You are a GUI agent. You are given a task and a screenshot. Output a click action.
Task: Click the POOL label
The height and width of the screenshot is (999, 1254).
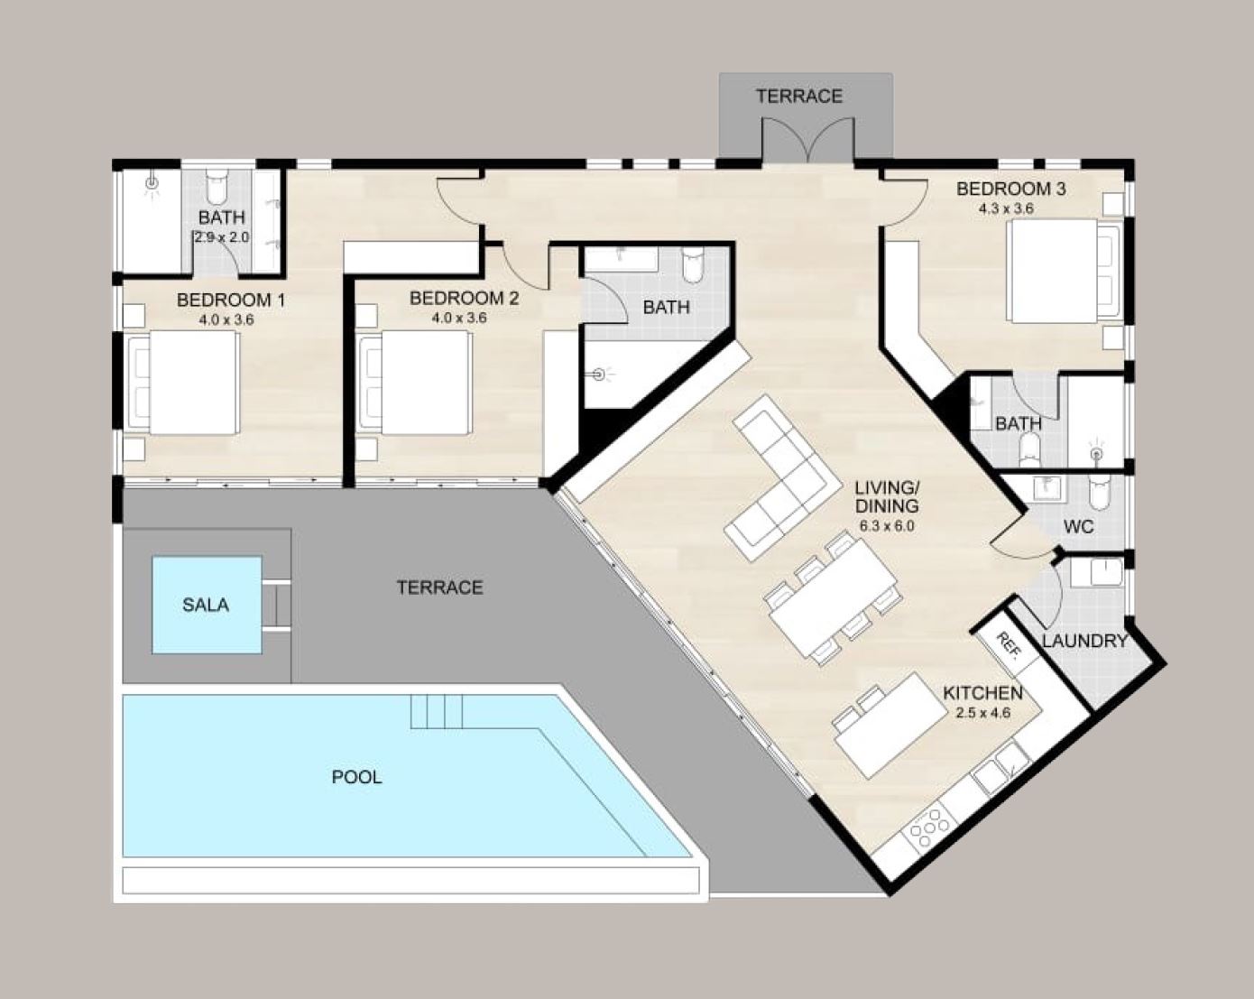point(356,777)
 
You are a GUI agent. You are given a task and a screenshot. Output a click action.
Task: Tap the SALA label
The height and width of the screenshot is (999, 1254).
point(205,605)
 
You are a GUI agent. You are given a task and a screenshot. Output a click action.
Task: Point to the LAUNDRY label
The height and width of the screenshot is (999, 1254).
point(1085,641)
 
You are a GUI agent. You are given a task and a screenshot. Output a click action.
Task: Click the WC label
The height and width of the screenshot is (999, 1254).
point(1079,527)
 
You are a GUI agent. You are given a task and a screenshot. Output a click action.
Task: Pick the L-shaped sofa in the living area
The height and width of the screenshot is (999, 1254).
point(775,478)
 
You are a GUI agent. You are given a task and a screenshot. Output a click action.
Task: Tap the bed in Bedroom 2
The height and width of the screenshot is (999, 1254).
point(415,383)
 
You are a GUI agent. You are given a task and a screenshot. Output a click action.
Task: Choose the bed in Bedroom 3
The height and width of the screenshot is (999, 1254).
point(1064,271)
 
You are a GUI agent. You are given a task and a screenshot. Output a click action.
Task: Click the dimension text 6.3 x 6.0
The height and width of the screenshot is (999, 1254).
point(887,526)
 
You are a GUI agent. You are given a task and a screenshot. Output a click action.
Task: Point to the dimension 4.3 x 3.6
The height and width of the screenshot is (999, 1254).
point(1006,208)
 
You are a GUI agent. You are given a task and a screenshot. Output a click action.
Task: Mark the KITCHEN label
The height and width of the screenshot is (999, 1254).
point(982,693)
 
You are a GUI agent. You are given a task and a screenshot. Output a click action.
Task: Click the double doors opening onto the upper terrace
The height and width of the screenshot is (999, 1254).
point(808,140)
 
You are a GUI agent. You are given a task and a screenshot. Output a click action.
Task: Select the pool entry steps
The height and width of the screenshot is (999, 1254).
point(437,711)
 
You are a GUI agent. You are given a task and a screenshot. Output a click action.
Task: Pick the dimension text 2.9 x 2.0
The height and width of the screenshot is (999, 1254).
point(221,237)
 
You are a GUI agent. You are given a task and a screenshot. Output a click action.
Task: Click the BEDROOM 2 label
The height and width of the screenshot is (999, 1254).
point(464,299)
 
